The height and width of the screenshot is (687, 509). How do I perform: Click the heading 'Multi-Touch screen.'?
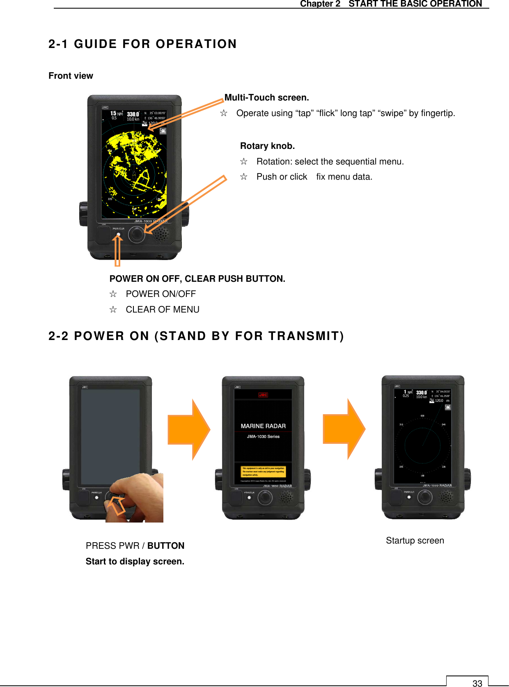tap(266, 98)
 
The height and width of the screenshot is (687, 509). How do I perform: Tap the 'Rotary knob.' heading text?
tap(267, 146)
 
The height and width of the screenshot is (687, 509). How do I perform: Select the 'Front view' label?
tap(71, 76)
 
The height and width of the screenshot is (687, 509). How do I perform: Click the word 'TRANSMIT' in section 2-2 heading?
tap(304, 336)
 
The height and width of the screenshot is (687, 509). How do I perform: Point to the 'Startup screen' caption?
tap(415, 541)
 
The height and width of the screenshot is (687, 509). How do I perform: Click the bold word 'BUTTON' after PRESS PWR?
tap(166, 546)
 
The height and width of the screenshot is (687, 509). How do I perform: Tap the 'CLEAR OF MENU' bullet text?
tap(163, 310)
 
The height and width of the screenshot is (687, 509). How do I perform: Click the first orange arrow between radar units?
tap(189, 429)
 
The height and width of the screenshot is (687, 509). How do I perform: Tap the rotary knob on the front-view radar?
tap(136, 235)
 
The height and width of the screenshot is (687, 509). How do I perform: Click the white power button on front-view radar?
tap(119, 235)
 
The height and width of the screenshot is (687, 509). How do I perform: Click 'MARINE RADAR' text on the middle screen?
tap(263, 426)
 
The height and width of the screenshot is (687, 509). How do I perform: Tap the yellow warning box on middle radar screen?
tap(263, 471)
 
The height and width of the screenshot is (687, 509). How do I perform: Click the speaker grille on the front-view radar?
tap(161, 234)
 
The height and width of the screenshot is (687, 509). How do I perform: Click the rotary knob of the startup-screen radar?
tap(424, 497)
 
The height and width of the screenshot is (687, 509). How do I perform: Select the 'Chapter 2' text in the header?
tap(320, 4)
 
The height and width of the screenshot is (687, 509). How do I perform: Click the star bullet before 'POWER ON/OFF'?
tap(113, 294)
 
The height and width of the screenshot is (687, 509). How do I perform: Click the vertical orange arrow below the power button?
tap(117, 252)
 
